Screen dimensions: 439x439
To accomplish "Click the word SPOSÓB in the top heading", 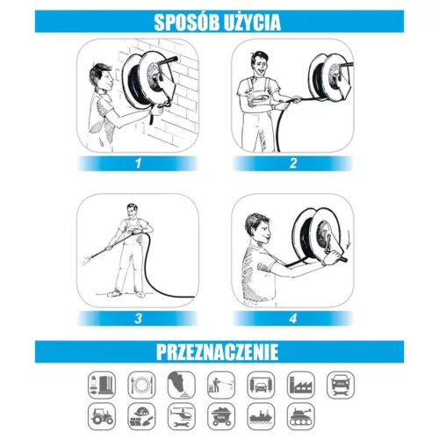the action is (188, 22).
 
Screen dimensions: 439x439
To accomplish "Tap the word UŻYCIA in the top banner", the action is (253, 22).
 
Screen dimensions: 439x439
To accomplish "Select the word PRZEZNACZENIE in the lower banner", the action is (217, 352).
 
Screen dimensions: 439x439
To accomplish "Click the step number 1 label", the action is (138, 163).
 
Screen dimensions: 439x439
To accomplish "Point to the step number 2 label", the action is (293, 163).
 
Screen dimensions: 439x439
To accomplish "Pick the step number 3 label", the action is (138, 318).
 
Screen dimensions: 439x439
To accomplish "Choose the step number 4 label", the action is (293, 318).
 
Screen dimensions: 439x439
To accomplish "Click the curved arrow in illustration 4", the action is (348, 240).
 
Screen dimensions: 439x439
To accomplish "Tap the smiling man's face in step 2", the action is (258, 65).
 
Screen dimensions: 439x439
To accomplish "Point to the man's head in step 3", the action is (132, 212).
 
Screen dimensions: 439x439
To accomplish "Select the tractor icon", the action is (102, 416).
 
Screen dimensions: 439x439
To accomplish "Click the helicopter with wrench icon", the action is (182, 416).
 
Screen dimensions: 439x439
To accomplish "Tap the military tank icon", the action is (301, 416).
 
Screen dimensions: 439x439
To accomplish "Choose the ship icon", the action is (261, 416).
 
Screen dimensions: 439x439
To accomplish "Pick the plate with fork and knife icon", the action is (141, 385).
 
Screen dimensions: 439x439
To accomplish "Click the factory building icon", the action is (301, 385).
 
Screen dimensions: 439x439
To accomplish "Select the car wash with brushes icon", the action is (261, 385).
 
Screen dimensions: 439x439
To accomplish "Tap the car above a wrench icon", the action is (341, 385).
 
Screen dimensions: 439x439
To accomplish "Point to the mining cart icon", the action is (221, 416).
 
